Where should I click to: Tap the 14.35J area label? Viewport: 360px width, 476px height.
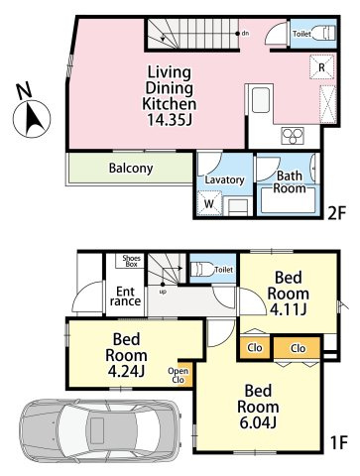(170, 119)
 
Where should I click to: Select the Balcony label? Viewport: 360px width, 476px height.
(131, 169)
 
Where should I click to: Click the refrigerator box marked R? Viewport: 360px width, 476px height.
(321, 67)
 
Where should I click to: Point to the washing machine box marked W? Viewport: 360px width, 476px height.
(209, 203)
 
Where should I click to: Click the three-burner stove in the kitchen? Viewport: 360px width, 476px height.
(293, 136)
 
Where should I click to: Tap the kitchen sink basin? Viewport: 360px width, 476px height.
(261, 100)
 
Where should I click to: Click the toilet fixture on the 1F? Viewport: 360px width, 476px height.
(202, 270)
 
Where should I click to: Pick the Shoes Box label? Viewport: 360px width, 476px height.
(131, 261)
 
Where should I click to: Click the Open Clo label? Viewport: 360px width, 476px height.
(179, 375)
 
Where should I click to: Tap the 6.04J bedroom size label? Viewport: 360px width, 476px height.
(258, 422)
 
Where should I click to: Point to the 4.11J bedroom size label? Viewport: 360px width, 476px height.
(289, 309)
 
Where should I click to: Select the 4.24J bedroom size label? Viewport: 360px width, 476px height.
(126, 371)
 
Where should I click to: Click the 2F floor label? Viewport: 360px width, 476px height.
(336, 214)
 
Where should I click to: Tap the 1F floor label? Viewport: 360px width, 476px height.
(338, 442)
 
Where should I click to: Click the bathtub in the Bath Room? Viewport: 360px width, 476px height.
(287, 200)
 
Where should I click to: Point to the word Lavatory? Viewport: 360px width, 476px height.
(224, 180)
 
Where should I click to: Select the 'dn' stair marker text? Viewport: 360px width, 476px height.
(245, 33)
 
